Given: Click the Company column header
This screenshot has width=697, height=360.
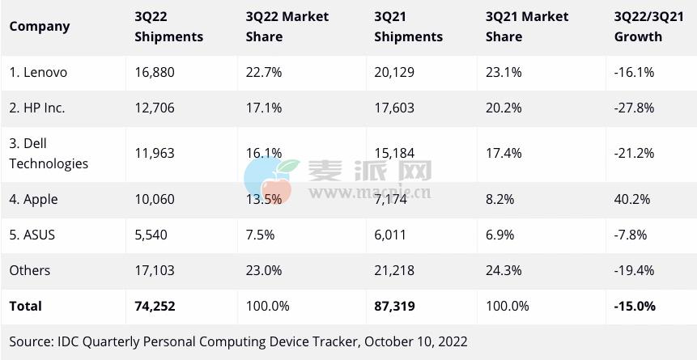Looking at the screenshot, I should click(40, 26).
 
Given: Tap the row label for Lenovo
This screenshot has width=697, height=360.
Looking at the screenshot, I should click(38, 72).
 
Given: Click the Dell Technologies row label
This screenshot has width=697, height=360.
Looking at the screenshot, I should click(49, 153).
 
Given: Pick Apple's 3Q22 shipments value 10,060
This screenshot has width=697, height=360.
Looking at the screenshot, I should click(155, 199).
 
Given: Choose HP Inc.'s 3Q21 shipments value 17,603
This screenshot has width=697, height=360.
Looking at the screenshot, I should click(395, 108).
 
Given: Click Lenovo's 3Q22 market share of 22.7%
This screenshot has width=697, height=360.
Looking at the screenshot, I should click(264, 72).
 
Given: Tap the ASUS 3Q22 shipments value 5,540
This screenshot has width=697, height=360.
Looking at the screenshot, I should click(151, 235).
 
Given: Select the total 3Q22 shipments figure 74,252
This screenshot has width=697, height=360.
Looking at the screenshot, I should click(155, 306).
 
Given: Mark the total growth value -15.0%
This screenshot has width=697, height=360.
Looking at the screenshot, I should click(635, 306).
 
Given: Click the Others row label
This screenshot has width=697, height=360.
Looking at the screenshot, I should click(30, 270).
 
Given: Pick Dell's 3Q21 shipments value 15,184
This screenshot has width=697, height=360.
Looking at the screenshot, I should click(395, 153).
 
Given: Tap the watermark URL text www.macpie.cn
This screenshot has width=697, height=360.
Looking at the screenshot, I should click(369, 193).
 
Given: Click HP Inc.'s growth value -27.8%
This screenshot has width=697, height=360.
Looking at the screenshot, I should click(634, 108).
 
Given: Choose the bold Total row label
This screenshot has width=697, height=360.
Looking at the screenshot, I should click(26, 306).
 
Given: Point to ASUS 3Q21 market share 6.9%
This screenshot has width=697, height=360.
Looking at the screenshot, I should click(501, 235).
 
